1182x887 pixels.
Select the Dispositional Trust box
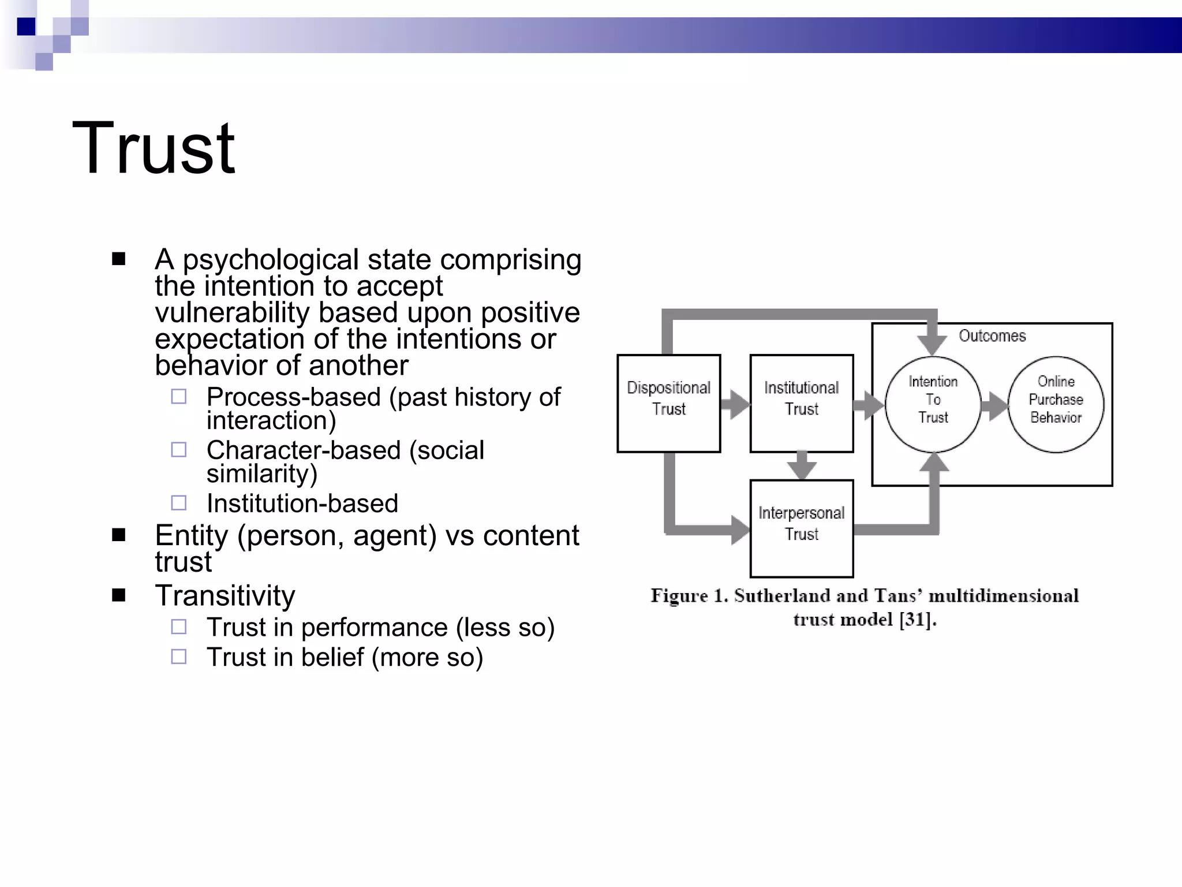coord(668,403)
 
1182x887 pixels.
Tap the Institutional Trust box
coord(801,403)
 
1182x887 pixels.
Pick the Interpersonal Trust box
coord(801,528)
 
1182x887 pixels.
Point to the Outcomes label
coord(992,336)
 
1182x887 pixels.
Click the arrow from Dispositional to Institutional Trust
coord(735,404)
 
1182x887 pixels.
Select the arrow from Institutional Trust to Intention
coord(869,404)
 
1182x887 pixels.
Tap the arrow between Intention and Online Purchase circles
coord(994,405)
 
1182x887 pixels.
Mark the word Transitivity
coord(225,595)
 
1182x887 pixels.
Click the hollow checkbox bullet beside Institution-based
coord(179,503)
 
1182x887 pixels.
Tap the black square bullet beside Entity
coord(119,535)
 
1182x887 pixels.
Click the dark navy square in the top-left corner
coord(26,27)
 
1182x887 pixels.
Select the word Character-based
coord(304,450)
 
